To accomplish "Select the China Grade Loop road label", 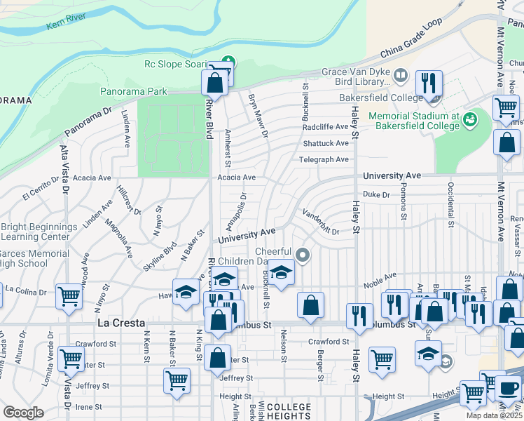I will (x=411, y=46).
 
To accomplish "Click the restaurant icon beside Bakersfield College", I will (x=428, y=83).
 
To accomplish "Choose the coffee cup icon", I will (x=509, y=388).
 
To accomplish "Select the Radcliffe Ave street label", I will (x=325, y=127).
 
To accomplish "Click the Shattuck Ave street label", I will (x=326, y=143).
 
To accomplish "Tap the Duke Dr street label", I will (x=375, y=194).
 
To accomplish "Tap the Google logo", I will (x=23, y=413).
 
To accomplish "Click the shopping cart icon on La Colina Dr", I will (x=70, y=296).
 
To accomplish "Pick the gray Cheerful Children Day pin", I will (x=303, y=254).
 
